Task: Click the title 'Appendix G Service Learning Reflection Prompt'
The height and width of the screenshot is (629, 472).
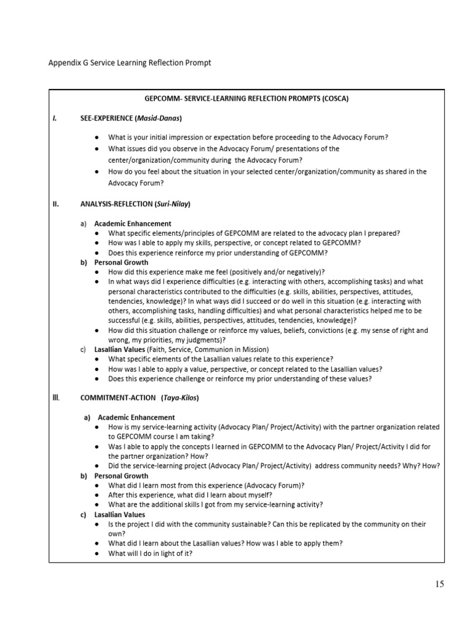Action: click(129, 63)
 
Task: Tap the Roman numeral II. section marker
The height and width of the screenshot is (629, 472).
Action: click(55, 205)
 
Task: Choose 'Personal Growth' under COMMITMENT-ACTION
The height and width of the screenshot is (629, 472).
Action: click(121, 475)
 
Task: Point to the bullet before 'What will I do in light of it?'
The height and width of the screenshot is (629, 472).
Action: click(98, 553)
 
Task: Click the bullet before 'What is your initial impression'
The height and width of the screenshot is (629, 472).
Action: click(98, 137)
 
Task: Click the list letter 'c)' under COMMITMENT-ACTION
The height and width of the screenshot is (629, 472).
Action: click(84, 514)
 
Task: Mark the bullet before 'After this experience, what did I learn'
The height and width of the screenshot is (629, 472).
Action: click(98, 494)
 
